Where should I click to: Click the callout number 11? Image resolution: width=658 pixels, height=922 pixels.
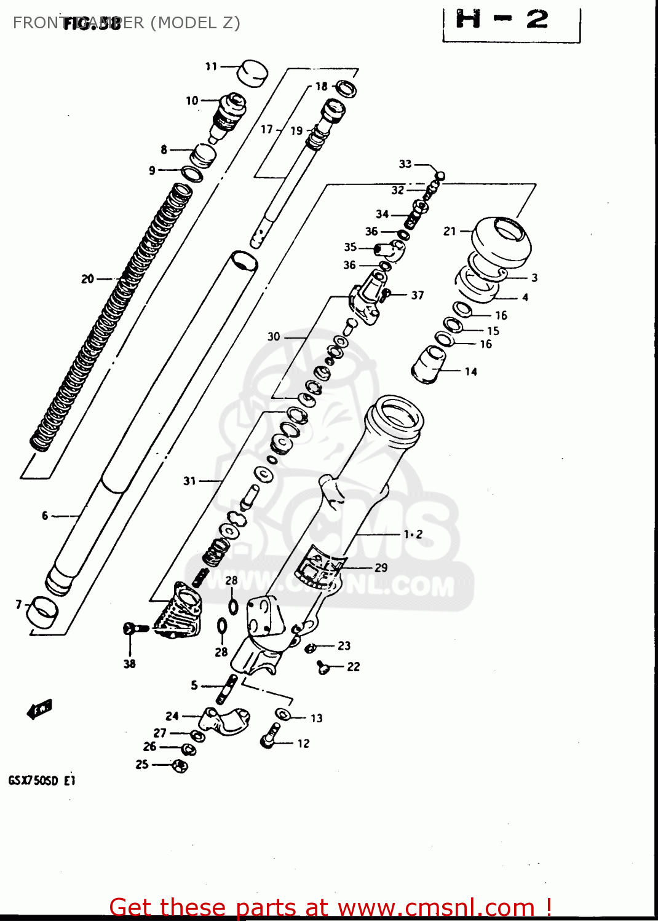(211, 66)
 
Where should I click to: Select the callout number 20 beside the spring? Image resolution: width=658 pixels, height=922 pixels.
(87, 279)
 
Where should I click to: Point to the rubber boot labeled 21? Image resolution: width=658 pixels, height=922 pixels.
(501, 240)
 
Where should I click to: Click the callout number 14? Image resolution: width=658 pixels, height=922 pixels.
(470, 371)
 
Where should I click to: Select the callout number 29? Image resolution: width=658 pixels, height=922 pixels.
(381, 568)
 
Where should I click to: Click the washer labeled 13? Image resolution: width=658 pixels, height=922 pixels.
(283, 714)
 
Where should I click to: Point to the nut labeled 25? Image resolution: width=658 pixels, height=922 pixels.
(180, 766)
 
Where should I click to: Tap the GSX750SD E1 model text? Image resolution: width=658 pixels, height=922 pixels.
(42, 781)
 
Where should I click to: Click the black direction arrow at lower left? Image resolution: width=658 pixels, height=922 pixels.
(40, 709)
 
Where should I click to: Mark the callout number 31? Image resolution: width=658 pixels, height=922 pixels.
(189, 481)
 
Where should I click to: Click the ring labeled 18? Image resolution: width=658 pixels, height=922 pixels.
(346, 89)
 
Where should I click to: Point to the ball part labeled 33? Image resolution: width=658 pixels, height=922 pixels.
(439, 176)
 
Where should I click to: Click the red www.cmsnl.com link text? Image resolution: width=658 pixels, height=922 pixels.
(436, 907)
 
